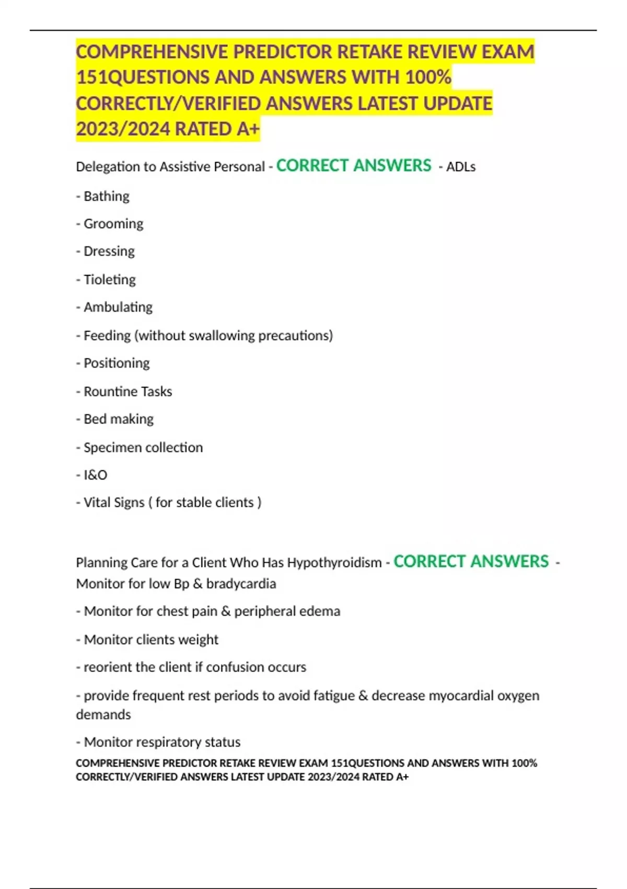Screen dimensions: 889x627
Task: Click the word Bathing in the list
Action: click(107, 196)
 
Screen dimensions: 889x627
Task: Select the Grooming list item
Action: click(113, 224)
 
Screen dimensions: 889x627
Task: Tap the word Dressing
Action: click(109, 252)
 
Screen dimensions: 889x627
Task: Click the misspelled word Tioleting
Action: click(110, 279)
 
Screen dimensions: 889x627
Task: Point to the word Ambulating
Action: click(118, 307)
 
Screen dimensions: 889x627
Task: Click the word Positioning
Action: click(117, 363)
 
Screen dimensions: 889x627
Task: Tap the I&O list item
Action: click(95, 475)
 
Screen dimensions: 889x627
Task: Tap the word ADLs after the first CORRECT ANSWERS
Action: click(461, 167)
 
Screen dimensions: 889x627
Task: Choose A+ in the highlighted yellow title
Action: click(248, 129)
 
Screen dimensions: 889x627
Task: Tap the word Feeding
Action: click(107, 335)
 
